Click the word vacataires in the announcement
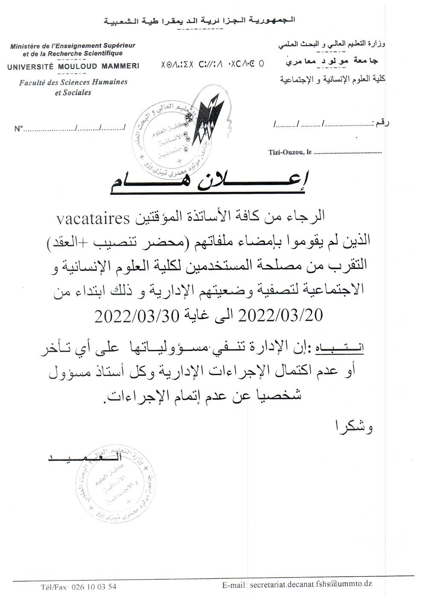coord(93,220)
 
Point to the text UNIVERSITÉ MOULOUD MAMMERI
coord(73,66)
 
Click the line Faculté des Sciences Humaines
coord(73,82)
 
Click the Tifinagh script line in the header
coord(212,65)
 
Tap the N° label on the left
coord(18,128)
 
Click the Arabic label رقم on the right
coord(382,123)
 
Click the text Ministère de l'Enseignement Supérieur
coord(73,45)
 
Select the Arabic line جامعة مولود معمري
coord(333,62)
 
